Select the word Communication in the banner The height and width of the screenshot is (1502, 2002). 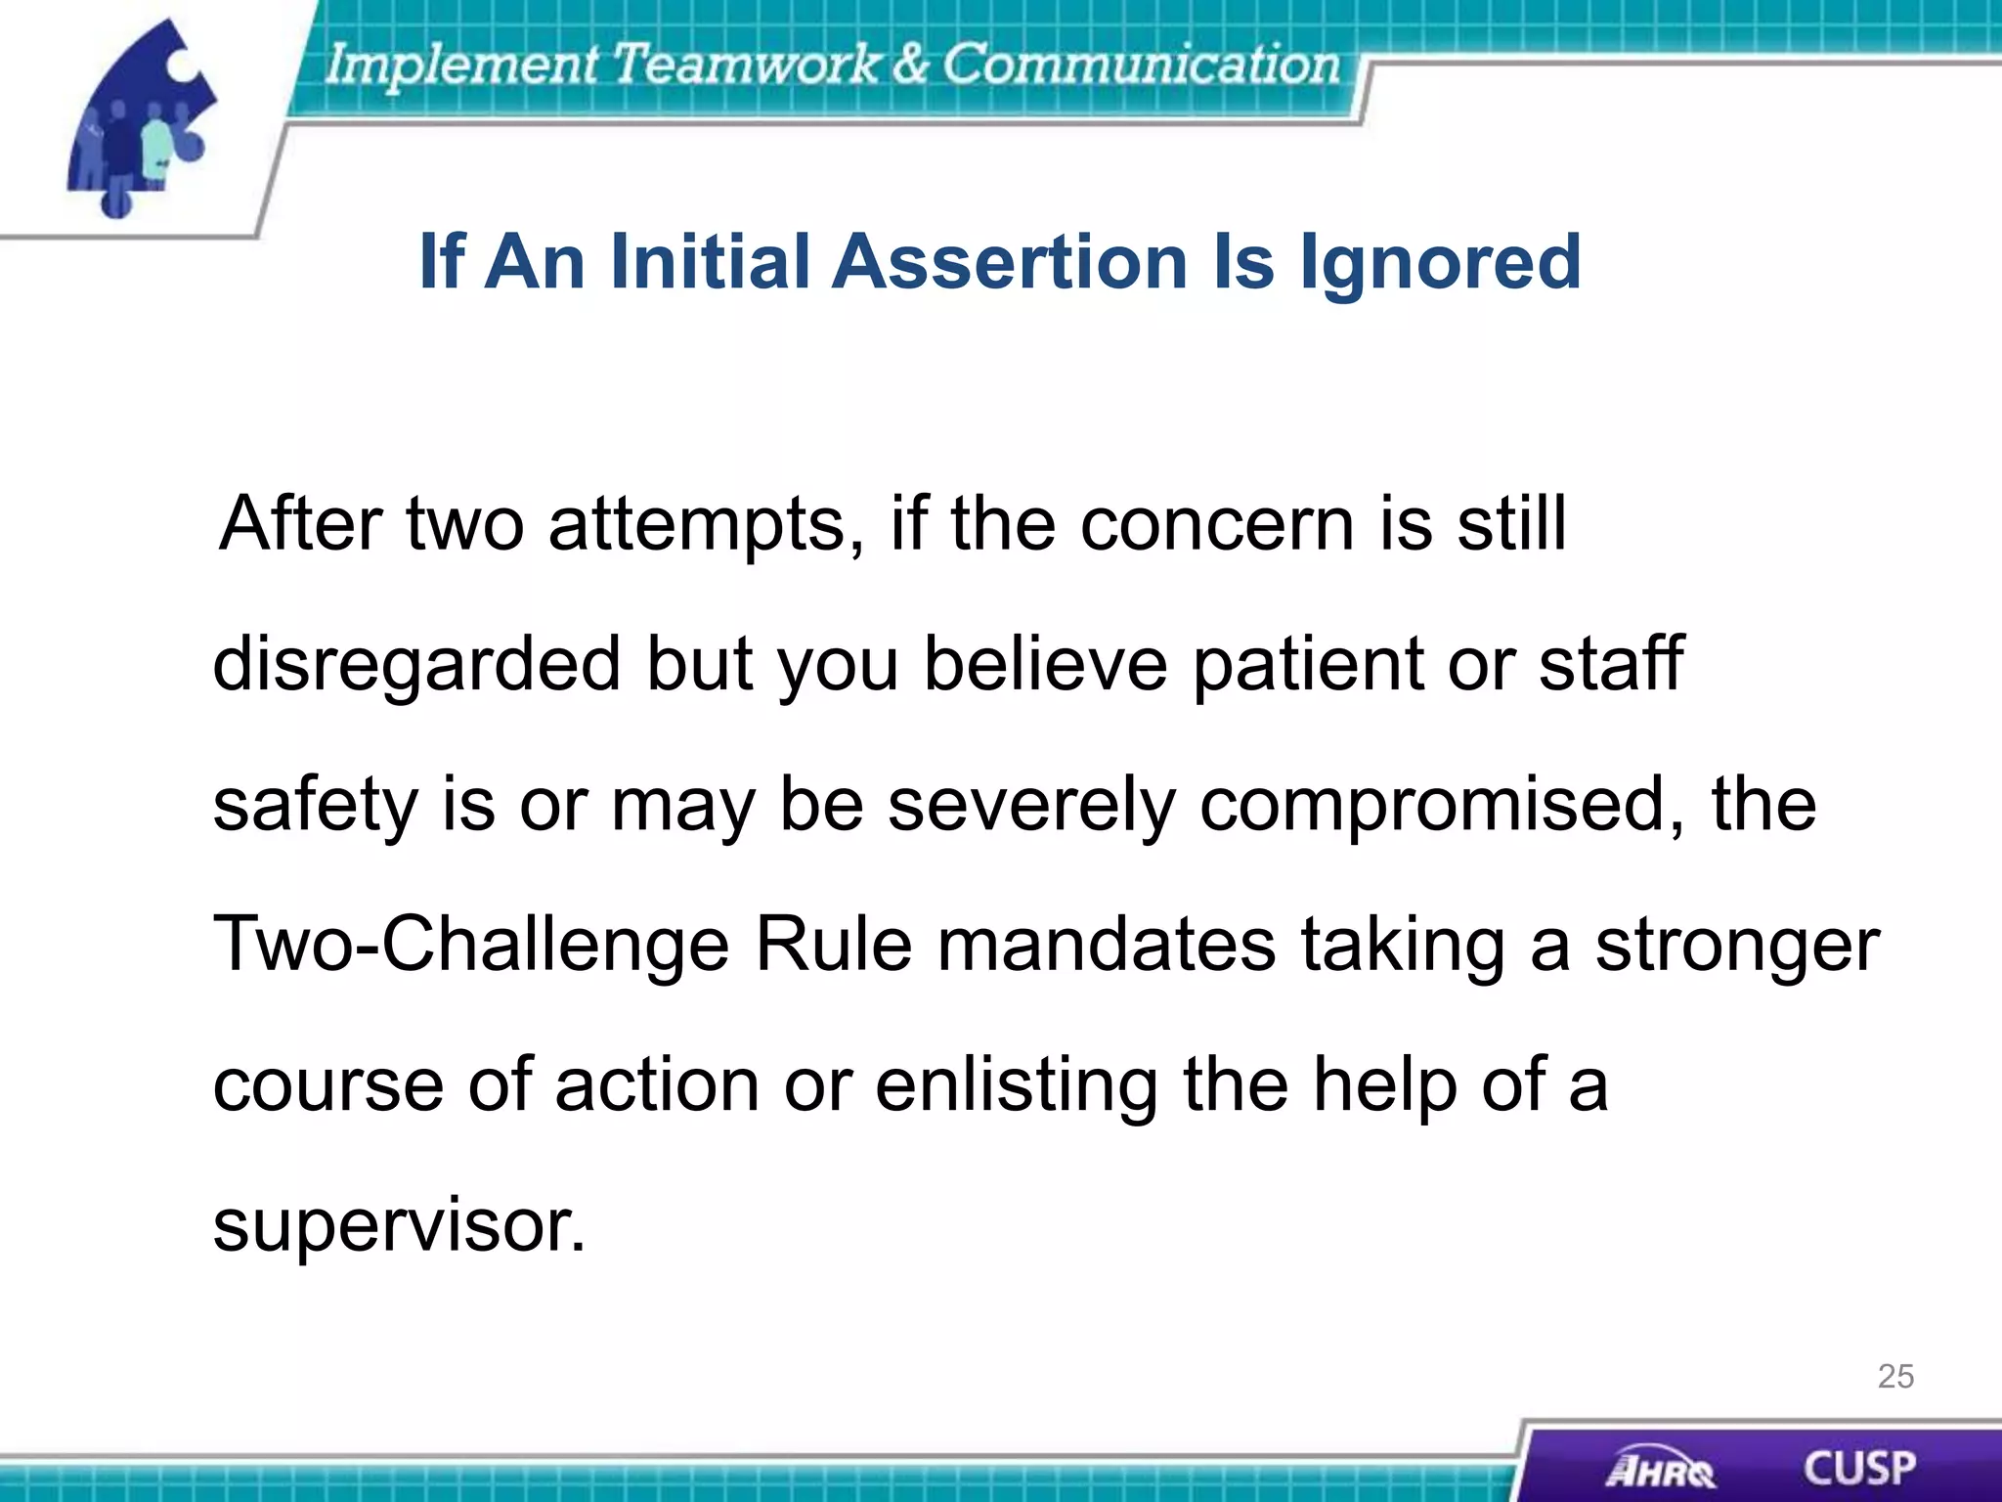click(x=1140, y=65)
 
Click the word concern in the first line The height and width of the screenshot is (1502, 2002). click(x=1217, y=525)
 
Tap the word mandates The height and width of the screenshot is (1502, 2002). click(x=1106, y=945)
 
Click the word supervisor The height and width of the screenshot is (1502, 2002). click(x=399, y=1225)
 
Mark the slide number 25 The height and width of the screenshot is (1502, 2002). click(x=1895, y=1376)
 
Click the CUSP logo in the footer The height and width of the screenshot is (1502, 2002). click(x=1858, y=1468)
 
